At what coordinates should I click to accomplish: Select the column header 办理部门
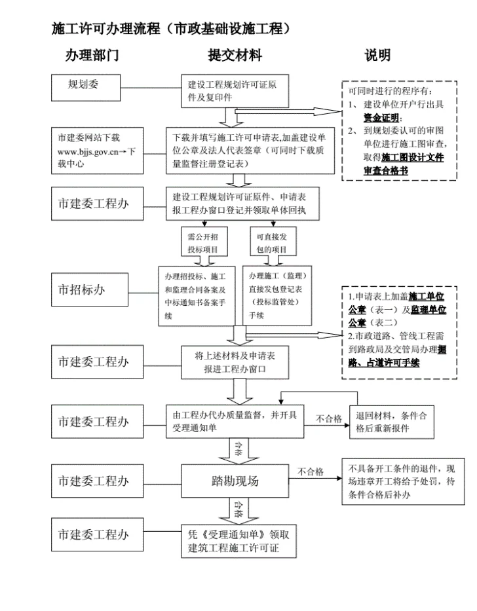click(x=91, y=55)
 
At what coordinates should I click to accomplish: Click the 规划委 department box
click(x=85, y=85)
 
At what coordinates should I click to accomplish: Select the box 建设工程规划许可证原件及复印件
click(x=235, y=90)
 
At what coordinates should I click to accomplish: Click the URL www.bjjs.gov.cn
click(x=89, y=151)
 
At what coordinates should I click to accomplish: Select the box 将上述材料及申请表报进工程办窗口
click(x=235, y=362)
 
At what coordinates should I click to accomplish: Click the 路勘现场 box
click(x=235, y=481)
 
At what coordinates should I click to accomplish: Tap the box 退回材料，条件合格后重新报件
click(x=391, y=421)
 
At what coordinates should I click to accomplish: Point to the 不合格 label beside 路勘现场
click(x=310, y=472)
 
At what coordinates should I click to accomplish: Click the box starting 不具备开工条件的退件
click(x=401, y=481)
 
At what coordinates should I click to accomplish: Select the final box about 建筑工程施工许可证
click(x=235, y=540)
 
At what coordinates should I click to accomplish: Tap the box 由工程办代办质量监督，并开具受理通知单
click(x=235, y=421)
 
